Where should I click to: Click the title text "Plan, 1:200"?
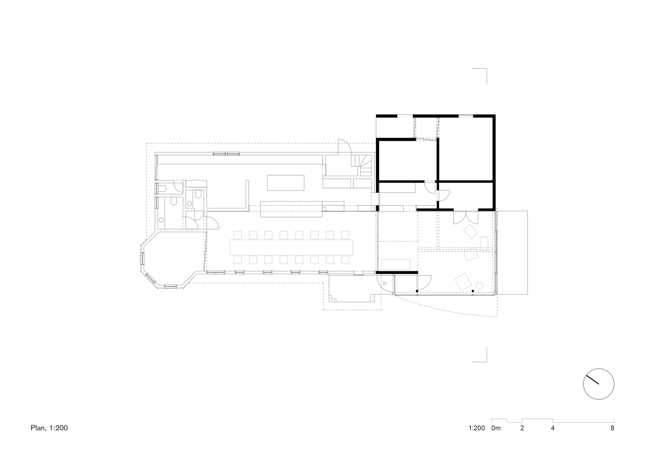49,428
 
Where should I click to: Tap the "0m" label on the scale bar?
496,428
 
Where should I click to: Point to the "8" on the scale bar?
612,428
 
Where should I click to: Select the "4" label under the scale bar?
553,428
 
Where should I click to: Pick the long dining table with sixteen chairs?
292,247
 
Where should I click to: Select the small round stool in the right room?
480,286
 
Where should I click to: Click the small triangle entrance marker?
385,283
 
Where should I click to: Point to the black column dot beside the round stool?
473,291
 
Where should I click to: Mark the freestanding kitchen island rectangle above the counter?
286,183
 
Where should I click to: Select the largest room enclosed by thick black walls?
466,148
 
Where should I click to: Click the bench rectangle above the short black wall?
396,265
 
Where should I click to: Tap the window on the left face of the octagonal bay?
142,259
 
